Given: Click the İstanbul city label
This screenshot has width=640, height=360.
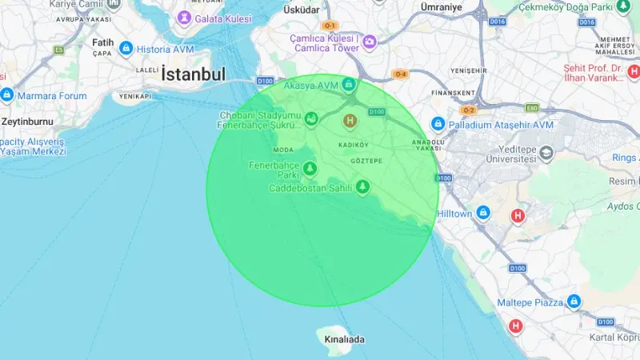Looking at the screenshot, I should [x=193, y=74].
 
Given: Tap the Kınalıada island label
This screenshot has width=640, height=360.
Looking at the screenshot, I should [x=343, y=339].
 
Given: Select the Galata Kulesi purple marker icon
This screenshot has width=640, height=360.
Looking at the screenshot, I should [x=184, y=17].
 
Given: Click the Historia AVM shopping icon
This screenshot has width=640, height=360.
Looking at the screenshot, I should [x=126, y=49].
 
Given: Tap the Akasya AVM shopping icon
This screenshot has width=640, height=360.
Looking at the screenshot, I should [x=348, y=84].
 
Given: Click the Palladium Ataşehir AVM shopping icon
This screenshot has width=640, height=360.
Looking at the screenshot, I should [x=438, y=125].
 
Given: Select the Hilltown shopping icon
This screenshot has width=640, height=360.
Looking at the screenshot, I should [x=483, y=213].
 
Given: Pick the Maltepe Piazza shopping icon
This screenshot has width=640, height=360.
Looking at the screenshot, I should [x=573, y=302].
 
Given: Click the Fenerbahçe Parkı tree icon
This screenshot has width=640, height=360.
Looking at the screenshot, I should [x=310, y=169].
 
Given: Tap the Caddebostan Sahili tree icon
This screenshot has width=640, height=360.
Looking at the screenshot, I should [x=363, y=187].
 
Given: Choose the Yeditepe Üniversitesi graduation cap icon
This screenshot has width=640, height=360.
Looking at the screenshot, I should [x=546, y=151].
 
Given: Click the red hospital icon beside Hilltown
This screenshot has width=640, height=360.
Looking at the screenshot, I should [x=518, y=214].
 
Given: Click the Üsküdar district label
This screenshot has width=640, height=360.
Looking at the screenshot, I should [x=302, y=10].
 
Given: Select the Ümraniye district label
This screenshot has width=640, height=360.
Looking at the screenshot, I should [x=442, y=6].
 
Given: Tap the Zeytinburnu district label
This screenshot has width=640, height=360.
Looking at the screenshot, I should [x=26, y=122].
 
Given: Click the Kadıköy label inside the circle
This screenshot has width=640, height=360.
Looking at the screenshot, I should [x=353, y=144].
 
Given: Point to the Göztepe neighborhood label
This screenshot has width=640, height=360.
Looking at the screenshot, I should [x=366, y=161].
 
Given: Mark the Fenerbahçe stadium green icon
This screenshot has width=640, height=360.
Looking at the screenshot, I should [x=310, y=120].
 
